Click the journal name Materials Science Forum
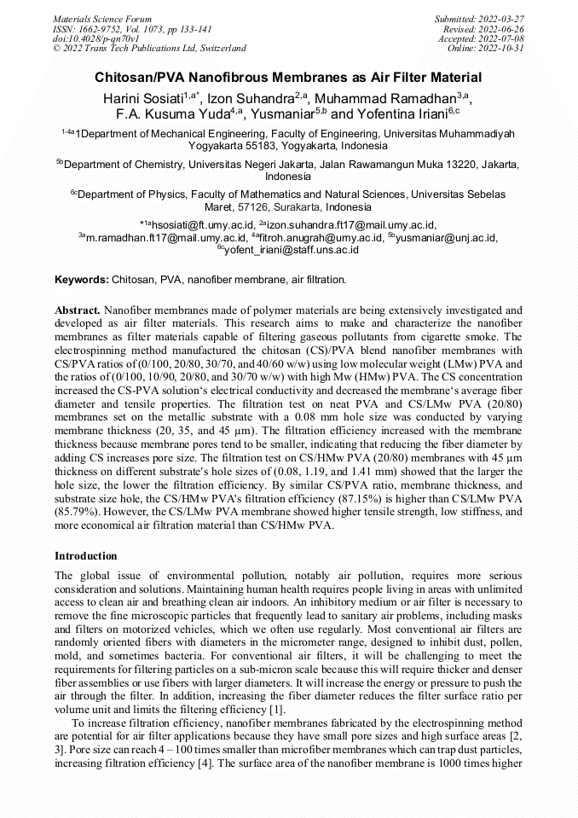(x=102, y=18)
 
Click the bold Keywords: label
(x=82, y=280)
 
